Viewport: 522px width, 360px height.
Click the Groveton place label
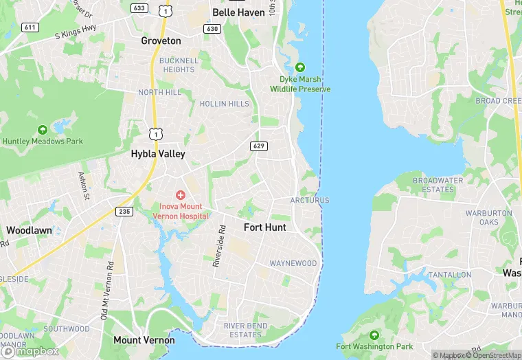pos(161,41)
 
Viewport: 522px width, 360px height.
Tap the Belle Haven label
pos(238,12)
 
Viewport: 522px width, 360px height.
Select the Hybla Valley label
pos(158,154)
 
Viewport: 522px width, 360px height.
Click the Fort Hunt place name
pos(265,227)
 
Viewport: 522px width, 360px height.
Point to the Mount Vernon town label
pos(144,340)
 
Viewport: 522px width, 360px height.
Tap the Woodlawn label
pos(29,230)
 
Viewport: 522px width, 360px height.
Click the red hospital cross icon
pos(181,196)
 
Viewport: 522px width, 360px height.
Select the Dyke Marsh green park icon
pos(299,67)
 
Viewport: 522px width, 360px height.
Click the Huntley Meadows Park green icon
pos(43,129)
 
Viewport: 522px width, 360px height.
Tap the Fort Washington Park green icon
pos(374,335)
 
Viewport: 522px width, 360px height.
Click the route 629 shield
pos(259,146)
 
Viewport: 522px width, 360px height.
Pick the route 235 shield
pos(124,212)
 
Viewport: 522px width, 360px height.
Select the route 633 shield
pos(139,8)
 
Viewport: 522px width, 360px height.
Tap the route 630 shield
pos(212,29)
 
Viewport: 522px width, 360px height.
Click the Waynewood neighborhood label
pos(293,263)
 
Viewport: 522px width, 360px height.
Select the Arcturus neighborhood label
pos(310,200)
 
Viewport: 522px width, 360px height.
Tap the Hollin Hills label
pos(225,104)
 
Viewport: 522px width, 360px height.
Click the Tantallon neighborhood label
pos(451,274)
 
